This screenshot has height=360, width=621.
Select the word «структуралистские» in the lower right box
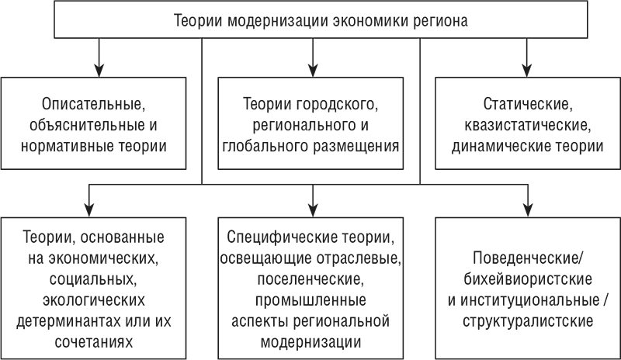coord(526,319)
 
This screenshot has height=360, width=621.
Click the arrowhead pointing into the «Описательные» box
coord(99,69)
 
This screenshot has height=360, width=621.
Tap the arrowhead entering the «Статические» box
coord(527,69)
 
